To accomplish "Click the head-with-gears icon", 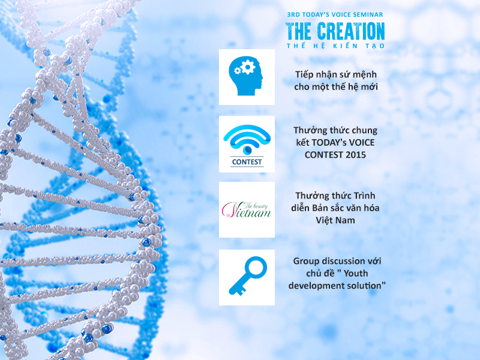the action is [x=245, y=76].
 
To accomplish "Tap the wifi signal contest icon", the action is [x=247, y=140].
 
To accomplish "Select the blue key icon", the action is [x=248, y=276].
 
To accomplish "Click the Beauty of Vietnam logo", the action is [x=247, y=210].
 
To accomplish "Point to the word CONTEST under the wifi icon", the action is [x=247, y=162].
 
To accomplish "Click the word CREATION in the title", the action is [x=351, y=31].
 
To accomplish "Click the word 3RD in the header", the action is [x=293, y=14].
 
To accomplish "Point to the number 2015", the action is [x=356, y=155].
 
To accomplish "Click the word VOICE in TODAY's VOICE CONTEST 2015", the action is [x=362, y=143].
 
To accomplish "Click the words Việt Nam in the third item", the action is [x=335, y=220].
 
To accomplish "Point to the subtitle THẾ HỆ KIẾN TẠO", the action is [x=335, y=46].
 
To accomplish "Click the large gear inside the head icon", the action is [x=247, y=67].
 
